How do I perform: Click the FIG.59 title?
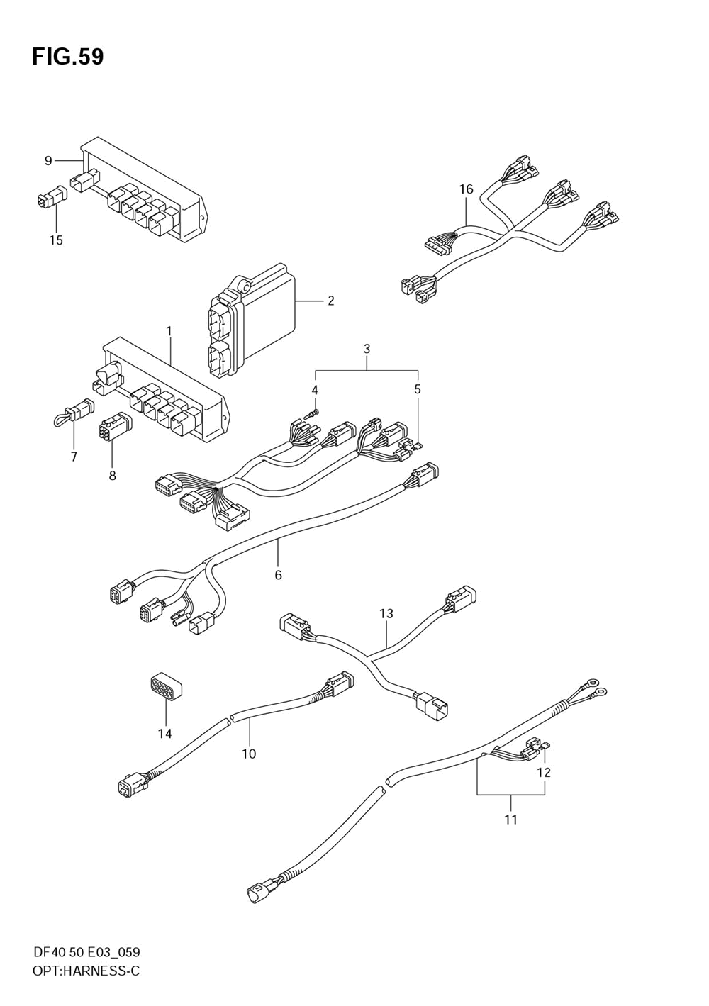[67, 57]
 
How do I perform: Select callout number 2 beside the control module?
[330, 301]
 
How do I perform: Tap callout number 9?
[48, 161]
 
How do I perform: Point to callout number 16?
[466, 189]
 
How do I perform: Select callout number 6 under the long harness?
[278, 574]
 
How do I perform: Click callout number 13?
[386, 613]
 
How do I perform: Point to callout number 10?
[249, 754]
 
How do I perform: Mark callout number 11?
[510, 820]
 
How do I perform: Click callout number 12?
[544, 772]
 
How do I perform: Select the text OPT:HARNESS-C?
[86, 971]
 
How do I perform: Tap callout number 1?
[169, 331]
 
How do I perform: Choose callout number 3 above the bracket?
[367, 349]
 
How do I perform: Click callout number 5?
[418, 389]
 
